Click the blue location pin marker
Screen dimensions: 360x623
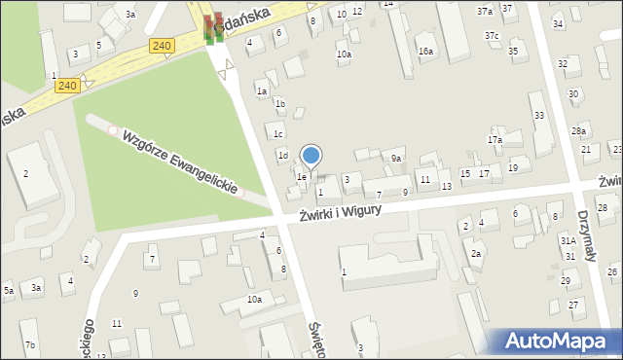(311, 156)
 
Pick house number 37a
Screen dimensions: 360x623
(484, 11)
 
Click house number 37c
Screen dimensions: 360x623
(492, 36)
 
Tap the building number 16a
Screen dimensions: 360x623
(425, 51)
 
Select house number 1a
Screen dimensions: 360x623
(262, 90)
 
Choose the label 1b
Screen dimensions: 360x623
(279, 103)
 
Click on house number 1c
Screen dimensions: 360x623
(277, 134)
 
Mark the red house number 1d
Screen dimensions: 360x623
(283, 155)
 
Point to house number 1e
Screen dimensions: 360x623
(302, 176)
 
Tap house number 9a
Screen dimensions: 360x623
(396, 158)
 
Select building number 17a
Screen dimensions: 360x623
(495, 140)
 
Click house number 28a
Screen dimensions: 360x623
(579, 130)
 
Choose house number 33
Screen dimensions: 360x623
(538, 115)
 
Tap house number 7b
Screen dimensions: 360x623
(30, 345)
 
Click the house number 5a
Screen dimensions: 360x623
(8, 290)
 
